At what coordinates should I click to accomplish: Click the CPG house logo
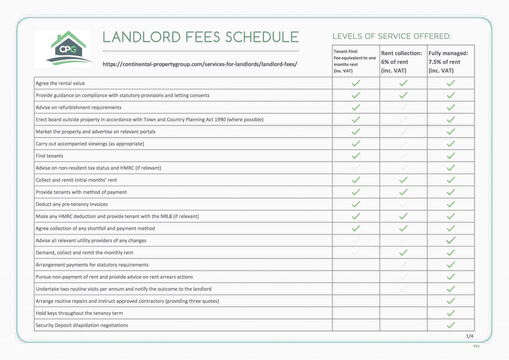point(63,49)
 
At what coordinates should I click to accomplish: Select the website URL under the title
point(199,65)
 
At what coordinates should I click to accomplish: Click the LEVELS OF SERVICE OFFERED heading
point(392,36)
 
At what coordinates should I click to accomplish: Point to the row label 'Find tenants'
point(50,156)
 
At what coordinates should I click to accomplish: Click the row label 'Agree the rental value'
point(60,84)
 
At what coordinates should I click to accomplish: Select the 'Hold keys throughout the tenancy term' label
point(79,313)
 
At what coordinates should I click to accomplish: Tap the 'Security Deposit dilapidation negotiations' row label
point(82,325)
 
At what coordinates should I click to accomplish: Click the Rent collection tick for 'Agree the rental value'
point(403,84)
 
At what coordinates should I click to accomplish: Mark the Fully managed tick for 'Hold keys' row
point(451,313)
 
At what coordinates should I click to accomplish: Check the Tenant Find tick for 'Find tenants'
point(355,156)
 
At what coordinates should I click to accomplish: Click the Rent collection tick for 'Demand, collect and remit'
point(403,253)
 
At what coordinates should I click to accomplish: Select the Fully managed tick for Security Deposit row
point(451,325)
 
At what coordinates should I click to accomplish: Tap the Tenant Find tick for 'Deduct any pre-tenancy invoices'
point(355,204)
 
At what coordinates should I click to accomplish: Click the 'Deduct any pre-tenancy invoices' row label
point(72,204)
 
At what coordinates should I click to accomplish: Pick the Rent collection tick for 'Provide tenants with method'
point(403,192)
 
